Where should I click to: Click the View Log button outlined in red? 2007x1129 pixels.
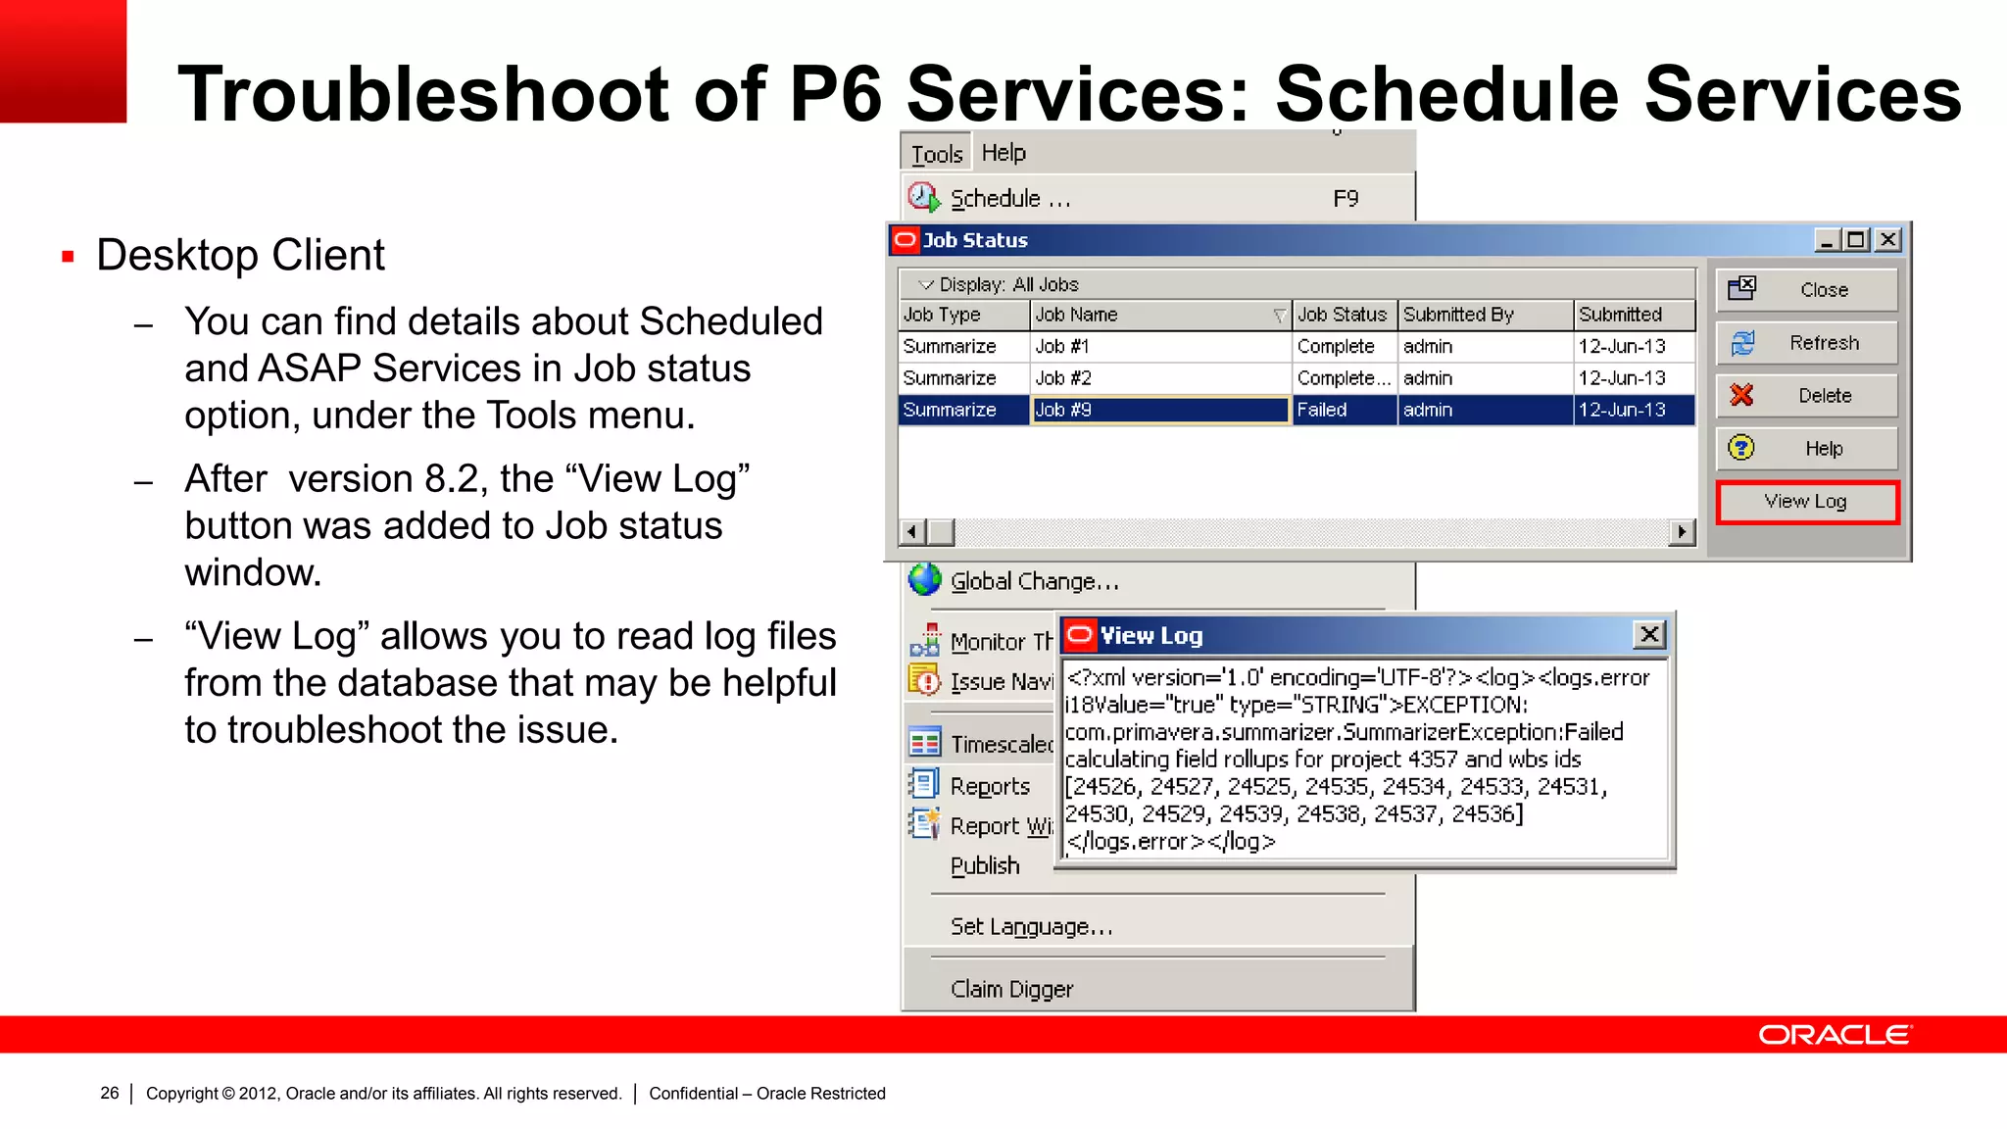[1807, 502]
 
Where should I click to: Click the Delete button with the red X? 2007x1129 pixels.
[1807, 396]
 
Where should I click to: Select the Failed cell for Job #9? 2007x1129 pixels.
[1345, 410]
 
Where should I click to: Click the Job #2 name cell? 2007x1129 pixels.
[1160, 378]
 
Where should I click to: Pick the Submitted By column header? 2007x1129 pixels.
[1484, 315]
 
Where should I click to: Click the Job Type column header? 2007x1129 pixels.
[963, 315]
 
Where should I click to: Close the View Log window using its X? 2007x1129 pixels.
[1649, 635]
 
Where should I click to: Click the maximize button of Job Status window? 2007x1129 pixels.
[1856, 240]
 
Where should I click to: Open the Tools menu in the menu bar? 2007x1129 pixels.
[937, 154]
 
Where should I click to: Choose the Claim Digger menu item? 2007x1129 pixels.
[1011, 990]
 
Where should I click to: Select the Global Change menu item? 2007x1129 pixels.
[1034, 581]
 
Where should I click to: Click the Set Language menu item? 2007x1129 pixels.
[1031, 927]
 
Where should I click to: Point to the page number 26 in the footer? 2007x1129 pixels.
[110, 1093]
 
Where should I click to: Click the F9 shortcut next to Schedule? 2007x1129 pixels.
[1346, 199]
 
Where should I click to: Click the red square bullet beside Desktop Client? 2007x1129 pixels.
[68, 258]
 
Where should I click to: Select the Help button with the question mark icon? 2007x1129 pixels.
[1807, 449]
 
